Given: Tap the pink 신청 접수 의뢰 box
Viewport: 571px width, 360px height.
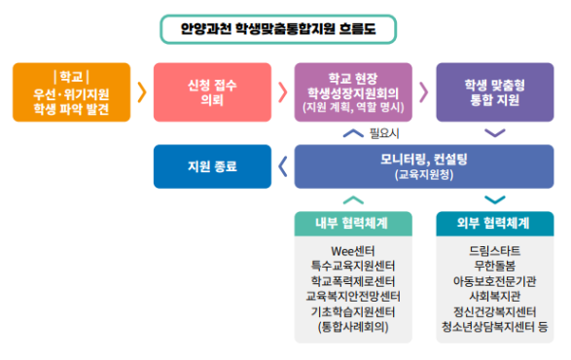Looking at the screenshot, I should [x=211, y=92].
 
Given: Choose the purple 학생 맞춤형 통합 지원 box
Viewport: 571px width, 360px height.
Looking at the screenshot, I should [x=494, y=92].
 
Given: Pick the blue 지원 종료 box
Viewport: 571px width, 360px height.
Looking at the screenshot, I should [x=211, y=166].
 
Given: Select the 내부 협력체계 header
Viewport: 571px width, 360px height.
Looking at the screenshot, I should [x=352, y=223].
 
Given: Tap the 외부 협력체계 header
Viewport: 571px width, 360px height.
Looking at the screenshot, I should [x=494, y=223].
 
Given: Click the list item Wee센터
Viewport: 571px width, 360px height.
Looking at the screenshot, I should [x=352, y=250].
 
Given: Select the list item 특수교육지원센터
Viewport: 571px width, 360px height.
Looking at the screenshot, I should [x=352, y=266].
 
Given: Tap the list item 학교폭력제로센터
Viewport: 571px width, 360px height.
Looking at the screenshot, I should [x=352, y=280].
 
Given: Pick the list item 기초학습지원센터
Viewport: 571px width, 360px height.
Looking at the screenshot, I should [x=352, y=310].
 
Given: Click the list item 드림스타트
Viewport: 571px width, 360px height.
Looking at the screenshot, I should [x=494, y=250].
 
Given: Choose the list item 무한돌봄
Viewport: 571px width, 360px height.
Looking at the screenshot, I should [x=494, y=266].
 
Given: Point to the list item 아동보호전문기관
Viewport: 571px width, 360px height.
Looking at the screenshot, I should [x=494, y=280].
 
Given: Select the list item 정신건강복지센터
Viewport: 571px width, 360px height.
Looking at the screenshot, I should [x=494, y=310].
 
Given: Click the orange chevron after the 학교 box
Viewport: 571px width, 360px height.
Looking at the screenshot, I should [x=142, y=92].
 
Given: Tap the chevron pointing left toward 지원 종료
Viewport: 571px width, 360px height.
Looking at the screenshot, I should [x=282, y=166].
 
